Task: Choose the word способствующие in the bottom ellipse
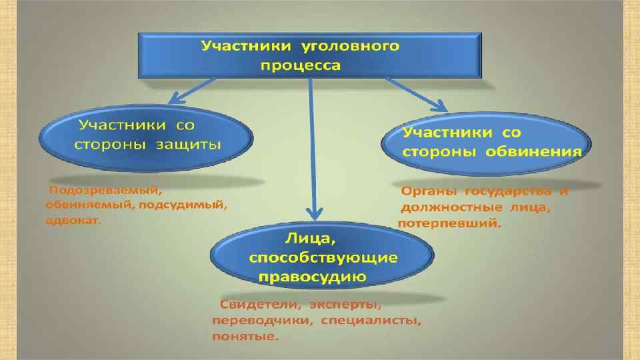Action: pyautogui.click(x=323, y=258)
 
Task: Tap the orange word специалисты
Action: pyautogui.click(x=371, y=321)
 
